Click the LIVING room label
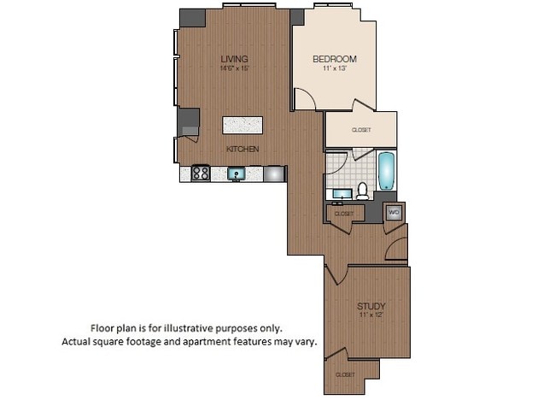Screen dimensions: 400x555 coord(234,58)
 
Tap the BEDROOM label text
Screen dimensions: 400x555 coord(334,59)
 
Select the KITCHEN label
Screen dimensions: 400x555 coord(242,149)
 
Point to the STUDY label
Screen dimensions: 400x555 coord(371,306)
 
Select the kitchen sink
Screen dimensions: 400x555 coord(237,174)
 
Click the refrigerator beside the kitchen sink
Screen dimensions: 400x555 coord(273,174)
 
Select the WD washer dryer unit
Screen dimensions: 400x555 coord(394,212)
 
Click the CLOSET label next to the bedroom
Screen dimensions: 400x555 coord(361,130)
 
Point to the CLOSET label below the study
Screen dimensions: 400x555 coord(345,374)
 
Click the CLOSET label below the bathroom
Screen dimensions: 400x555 coord(344,213)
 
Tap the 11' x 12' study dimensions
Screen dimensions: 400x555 coord(371,315)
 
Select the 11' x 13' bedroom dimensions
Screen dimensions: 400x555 coord(334,68)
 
